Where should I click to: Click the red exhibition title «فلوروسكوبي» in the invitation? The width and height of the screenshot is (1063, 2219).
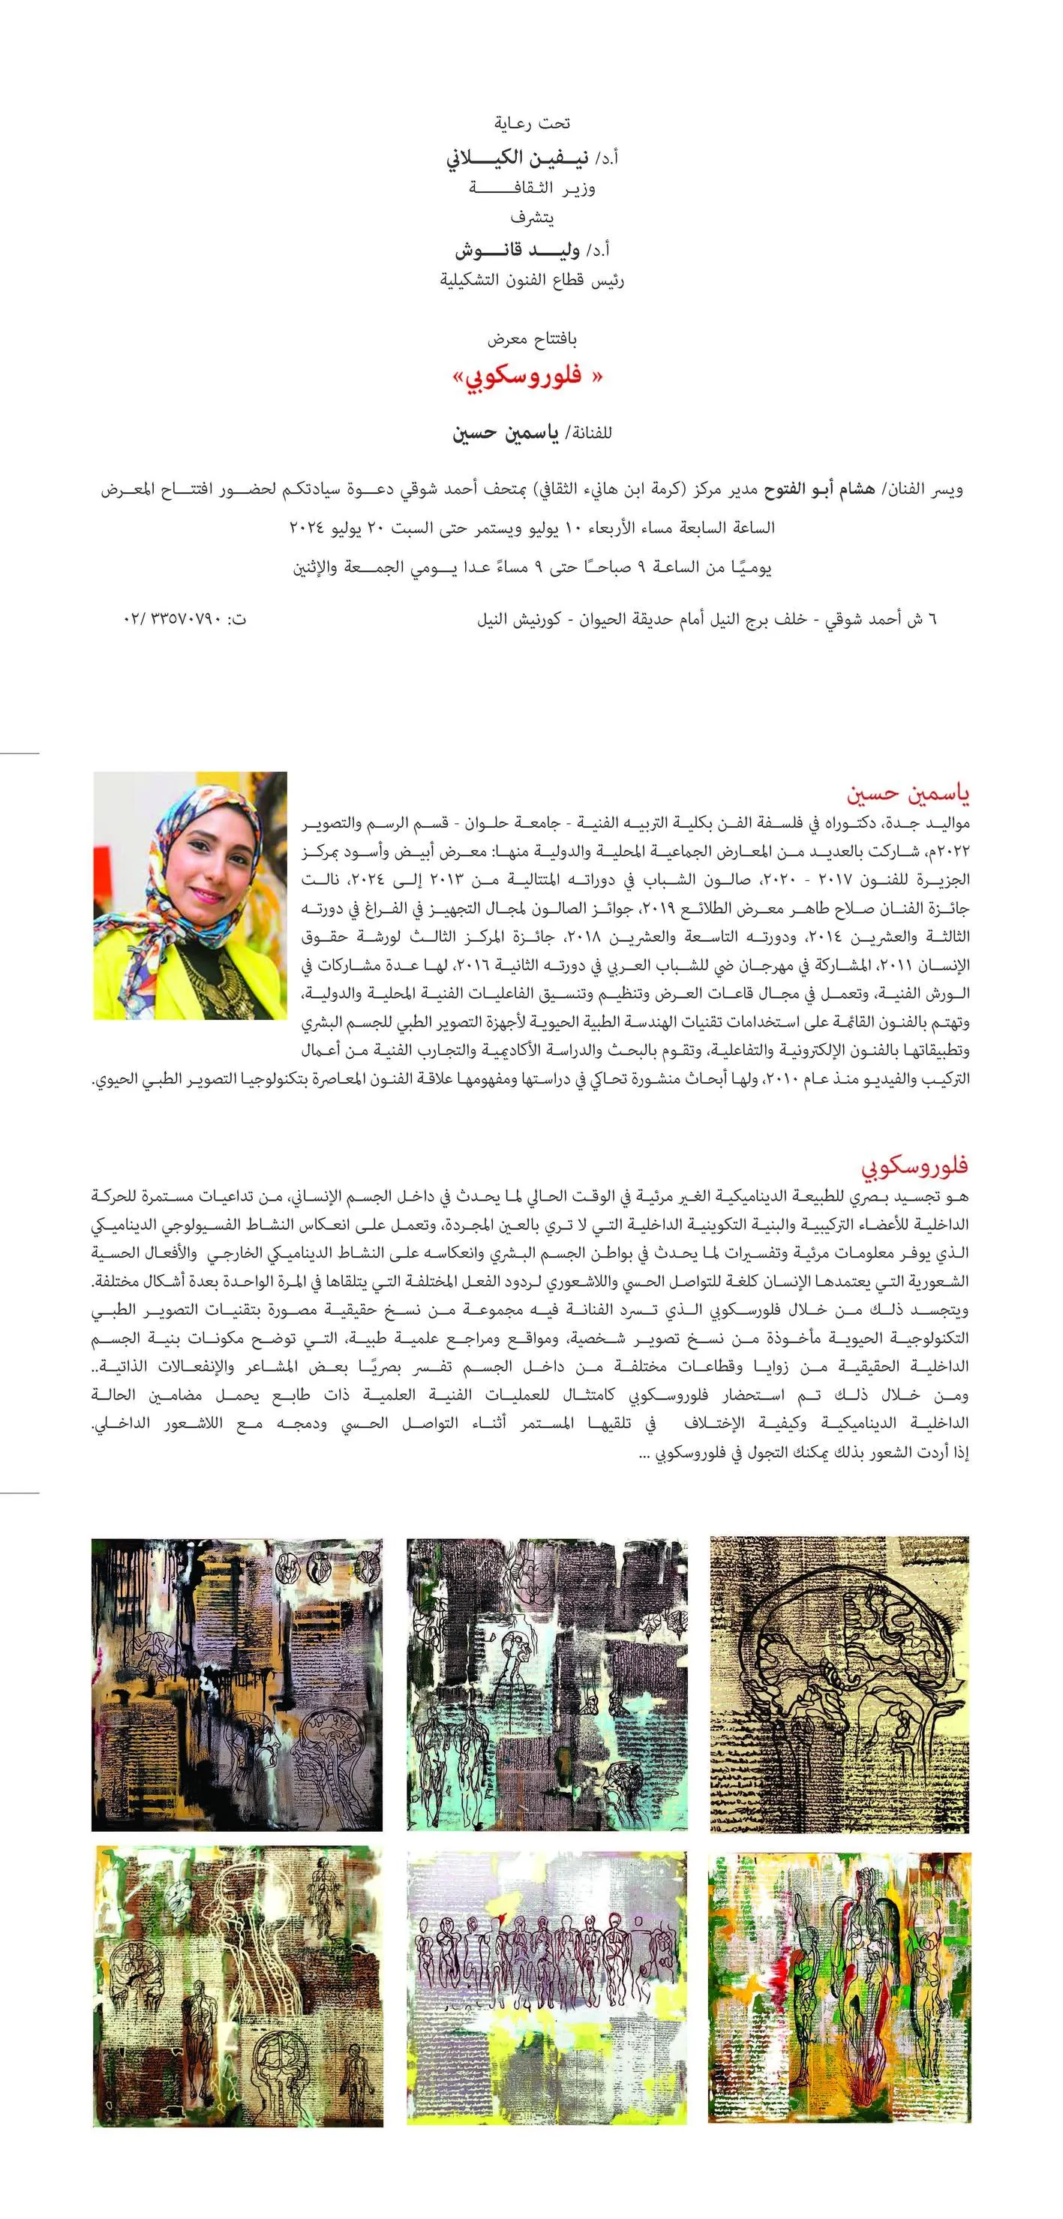point(527,377)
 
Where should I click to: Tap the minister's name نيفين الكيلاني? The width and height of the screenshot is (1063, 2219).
point(516,158)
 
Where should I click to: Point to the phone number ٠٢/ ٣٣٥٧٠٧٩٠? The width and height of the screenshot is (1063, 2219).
point(174,618)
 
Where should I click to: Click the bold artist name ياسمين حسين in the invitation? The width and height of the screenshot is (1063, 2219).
point(506,432)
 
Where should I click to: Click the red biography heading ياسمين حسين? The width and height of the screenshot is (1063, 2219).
point(908,792)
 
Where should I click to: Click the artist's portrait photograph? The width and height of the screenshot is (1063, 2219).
point(190,895)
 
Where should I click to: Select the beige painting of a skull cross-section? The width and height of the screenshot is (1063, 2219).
point(839,1684)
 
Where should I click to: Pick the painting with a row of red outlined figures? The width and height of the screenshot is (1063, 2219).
point(547,1989)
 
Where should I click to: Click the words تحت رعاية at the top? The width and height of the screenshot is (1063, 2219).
point(530,123)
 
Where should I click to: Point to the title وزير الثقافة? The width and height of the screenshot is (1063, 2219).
point(531,188)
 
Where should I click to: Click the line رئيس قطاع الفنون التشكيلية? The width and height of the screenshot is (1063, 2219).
point(531,281)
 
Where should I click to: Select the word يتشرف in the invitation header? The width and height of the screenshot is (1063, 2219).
point(530,218)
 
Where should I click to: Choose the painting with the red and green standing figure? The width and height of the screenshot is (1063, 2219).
point(839,1989)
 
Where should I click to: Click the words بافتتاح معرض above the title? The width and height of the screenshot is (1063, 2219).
point(531,338)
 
